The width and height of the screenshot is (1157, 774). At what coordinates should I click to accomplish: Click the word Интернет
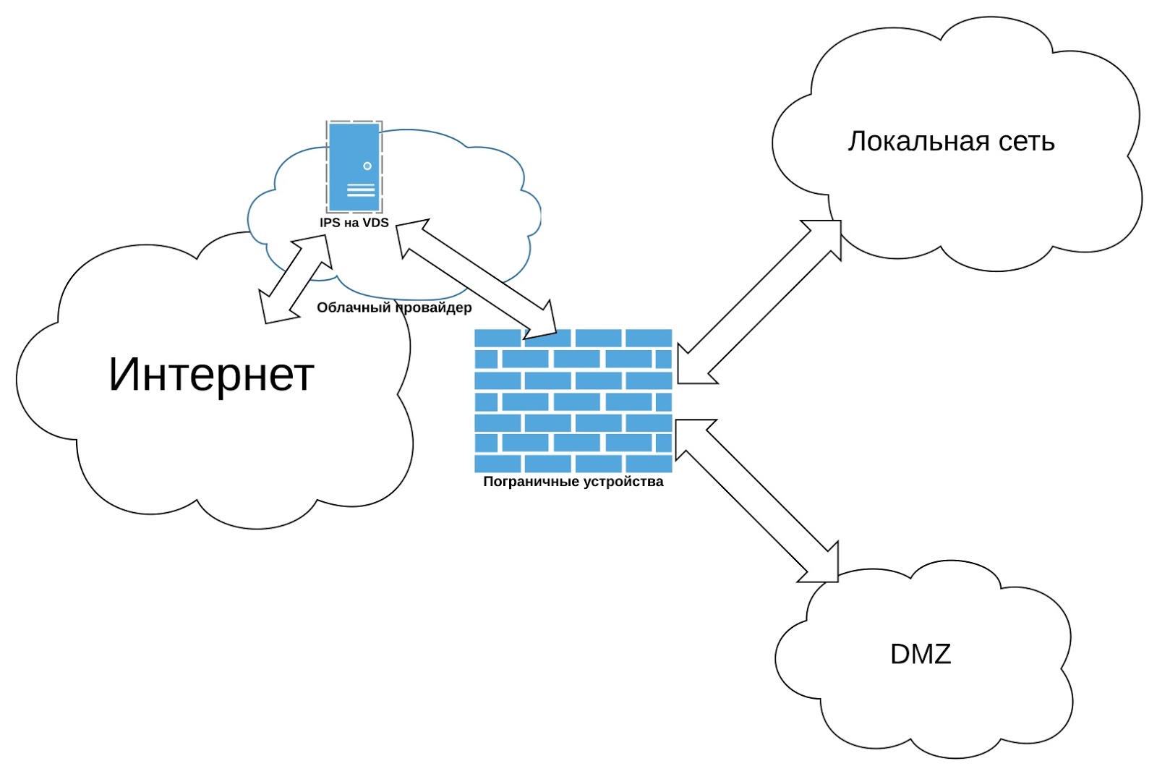pos(211,375)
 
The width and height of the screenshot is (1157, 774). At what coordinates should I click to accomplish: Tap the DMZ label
pos(920,654)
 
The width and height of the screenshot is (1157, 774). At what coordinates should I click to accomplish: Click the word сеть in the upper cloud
pos(1026,143)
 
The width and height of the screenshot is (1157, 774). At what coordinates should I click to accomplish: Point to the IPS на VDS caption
pos(354,223)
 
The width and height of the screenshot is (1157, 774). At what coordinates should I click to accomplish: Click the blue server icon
pos(354,167)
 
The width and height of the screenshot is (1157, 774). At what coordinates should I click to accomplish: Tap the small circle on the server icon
pos(367,166)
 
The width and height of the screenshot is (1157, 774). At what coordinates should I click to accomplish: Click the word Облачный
pos(354,308)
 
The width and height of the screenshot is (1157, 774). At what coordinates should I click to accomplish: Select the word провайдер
pos(434,308)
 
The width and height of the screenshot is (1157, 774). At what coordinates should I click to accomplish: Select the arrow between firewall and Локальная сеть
pos(759,302)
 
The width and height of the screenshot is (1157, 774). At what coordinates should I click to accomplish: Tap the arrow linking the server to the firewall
pos(477,279)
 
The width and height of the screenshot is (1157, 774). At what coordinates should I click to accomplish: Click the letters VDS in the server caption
pos(375,223)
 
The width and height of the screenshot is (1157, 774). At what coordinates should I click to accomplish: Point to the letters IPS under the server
pos(330,223)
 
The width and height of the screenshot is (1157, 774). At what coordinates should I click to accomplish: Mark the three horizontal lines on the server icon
pos(361,190)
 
